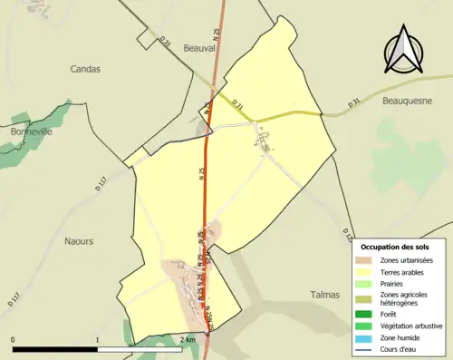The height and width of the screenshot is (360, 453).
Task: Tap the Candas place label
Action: (x=85, y=69)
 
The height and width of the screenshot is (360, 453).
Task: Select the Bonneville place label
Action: (x=32, y=131)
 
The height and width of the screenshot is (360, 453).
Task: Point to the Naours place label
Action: (x=79, y=240)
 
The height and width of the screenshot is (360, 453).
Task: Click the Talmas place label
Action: (x=324, y=295)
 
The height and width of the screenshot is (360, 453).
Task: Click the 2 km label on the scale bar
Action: (x=188, y=340)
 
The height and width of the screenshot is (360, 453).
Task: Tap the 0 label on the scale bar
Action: (x=14, y=340)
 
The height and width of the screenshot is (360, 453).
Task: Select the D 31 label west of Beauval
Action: (x=165, y=42)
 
